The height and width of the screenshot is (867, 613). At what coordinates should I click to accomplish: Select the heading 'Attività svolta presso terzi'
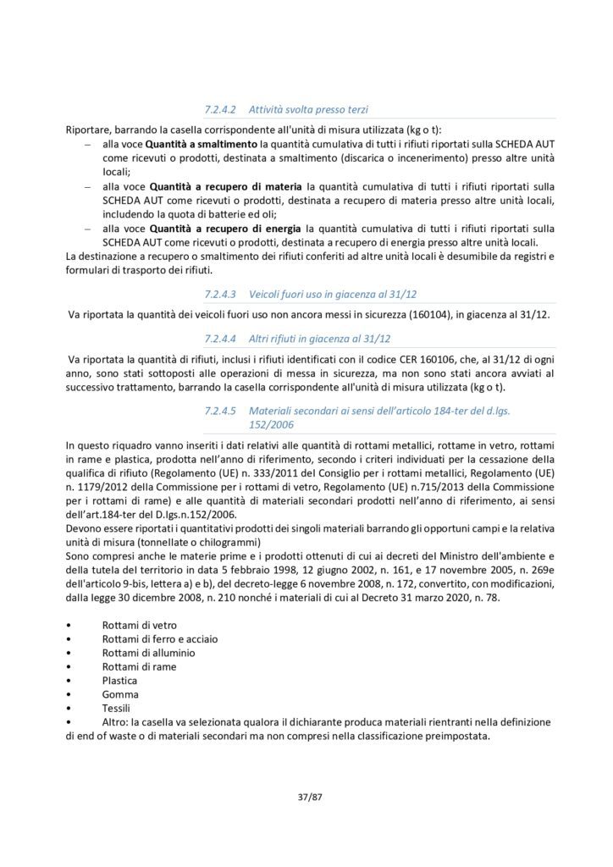[x=308, y=109]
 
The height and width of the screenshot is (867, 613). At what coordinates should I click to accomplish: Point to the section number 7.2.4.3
[x=223, y=294]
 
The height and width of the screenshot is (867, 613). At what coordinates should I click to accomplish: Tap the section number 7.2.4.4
[x=223, y=338]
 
